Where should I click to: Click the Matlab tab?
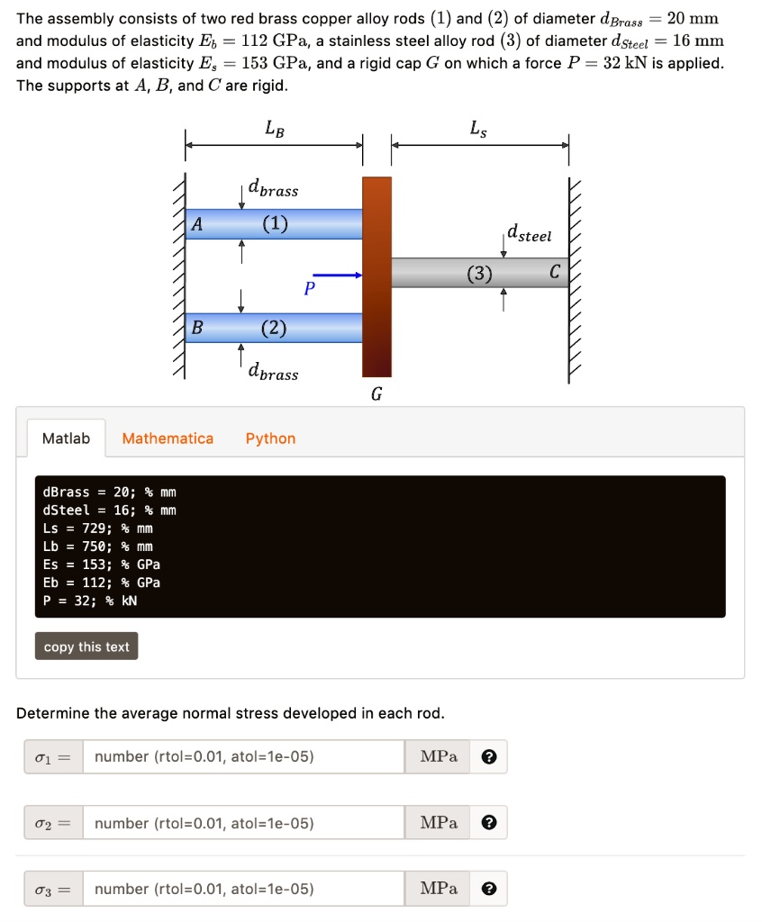(67, 438)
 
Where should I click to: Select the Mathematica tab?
(168, 438)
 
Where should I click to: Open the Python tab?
(270, 438)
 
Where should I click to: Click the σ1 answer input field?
(243, 757)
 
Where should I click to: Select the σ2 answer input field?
(243, 823)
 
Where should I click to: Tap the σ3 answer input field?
(243, 889)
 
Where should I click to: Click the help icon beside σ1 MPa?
(488, 757)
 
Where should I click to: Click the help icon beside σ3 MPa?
(488, 889)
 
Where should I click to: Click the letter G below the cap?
(376, 393)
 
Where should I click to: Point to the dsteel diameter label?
(529, 235)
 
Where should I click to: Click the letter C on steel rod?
(554, 272)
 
